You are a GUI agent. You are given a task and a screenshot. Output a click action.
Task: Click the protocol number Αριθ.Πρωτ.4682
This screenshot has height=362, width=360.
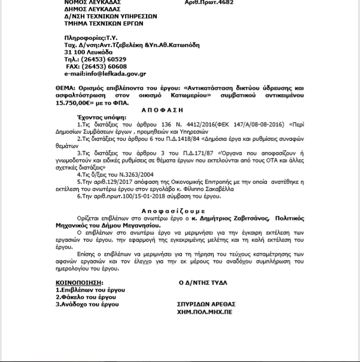point(208,3)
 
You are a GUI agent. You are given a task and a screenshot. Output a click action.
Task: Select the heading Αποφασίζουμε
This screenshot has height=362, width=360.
point(173,211)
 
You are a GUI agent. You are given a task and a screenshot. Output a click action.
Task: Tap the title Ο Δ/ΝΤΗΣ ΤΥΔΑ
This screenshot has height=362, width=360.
point(203,283)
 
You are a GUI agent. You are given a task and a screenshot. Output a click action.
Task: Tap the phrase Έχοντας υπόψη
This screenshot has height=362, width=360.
point(94,118)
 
